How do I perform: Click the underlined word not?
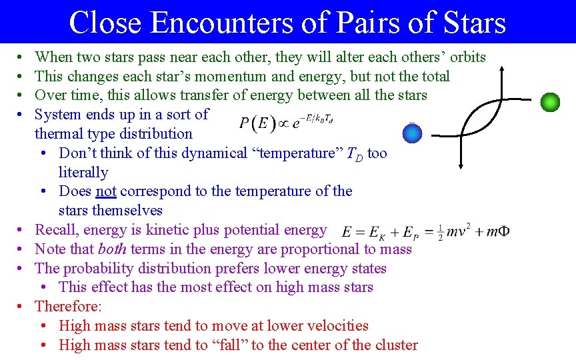tap(106, 191)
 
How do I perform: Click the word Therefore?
tap(68, 307)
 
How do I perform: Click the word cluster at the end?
tap(395, 345)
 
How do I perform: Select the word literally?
tap(83, 173)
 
